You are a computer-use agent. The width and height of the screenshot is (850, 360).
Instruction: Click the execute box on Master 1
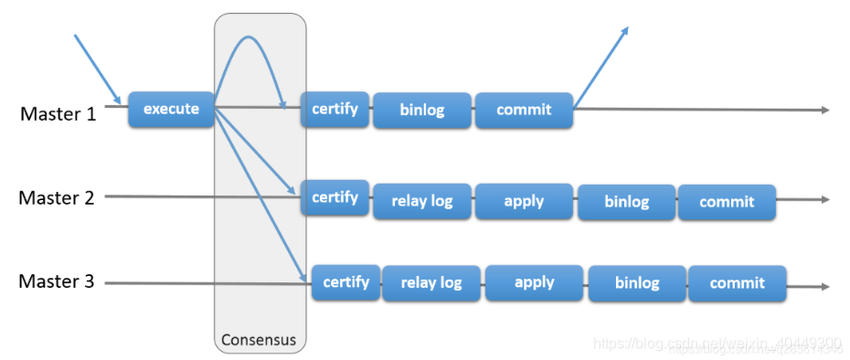tap(171, 109)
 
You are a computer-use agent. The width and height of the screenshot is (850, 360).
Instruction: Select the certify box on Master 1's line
tap(335, 109)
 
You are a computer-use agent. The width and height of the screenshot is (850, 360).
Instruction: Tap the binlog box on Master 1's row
tap(421, 110)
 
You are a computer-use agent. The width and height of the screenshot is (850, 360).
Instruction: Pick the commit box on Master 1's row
tap(524, 110)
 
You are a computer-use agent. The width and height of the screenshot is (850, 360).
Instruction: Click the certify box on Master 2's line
tap(335, 197)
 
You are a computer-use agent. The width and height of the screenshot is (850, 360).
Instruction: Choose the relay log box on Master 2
tap(421, 201)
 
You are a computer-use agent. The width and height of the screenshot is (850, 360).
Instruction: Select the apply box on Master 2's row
tap(524, 201)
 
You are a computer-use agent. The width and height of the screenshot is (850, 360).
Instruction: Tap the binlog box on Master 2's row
tap(626, 202)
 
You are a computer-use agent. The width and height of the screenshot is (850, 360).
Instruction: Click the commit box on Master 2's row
tap(727, 202)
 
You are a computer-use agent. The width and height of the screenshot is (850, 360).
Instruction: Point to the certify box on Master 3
tap(345, 281)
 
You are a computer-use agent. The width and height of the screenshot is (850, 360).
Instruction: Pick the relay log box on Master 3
tap(431, 282)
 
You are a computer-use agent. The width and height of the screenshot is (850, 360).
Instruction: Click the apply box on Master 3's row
tap(535, 282)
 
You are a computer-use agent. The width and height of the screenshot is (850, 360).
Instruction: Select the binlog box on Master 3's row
tap(637, 283)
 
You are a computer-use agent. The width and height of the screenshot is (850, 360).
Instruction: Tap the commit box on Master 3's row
tap(737, 283)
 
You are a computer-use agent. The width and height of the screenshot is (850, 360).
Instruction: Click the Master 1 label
tap(58, 114)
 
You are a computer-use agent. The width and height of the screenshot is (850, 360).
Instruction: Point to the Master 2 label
tap(57, 197)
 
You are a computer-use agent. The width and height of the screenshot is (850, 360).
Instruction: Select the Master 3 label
tap(57, 281)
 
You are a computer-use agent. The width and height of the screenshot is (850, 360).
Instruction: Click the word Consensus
tap(259, 340)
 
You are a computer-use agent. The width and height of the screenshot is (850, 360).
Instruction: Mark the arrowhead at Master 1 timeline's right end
tap(825, 111)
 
